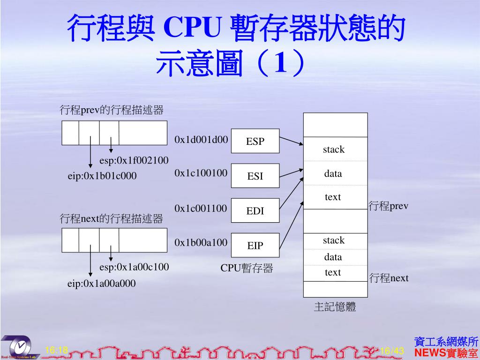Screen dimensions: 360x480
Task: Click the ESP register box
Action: (x=255, y=141)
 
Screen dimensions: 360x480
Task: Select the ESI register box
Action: (x=255, y=176)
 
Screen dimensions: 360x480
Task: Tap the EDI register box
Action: (x=255, y=210)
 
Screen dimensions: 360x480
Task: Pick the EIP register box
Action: (x=255, y=245)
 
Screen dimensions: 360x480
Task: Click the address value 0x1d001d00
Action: (x=201, y=139)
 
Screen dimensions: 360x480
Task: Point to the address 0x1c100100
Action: (x=201, y=173)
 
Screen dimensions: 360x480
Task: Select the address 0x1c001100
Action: (x=201, y=208)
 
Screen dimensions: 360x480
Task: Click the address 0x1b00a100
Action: (x=201, y=242)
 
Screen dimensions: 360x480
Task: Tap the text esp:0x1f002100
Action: (x=134, y=161)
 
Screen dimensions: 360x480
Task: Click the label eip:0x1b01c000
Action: (x=102, y=176)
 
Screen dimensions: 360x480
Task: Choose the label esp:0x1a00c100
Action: (x=134, y=267)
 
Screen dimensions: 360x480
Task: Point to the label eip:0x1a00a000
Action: (x=102, y=283)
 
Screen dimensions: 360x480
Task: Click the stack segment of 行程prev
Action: (x=334, y=150)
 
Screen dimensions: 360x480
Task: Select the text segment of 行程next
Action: (x=333, y=272)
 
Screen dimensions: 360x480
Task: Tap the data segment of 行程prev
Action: (x=333, y=174)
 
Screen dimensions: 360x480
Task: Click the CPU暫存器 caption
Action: (x=247, y=268)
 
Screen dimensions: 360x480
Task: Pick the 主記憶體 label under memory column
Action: (x=335, y=307)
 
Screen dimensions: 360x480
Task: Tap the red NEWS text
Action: (x=430, y=353)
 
